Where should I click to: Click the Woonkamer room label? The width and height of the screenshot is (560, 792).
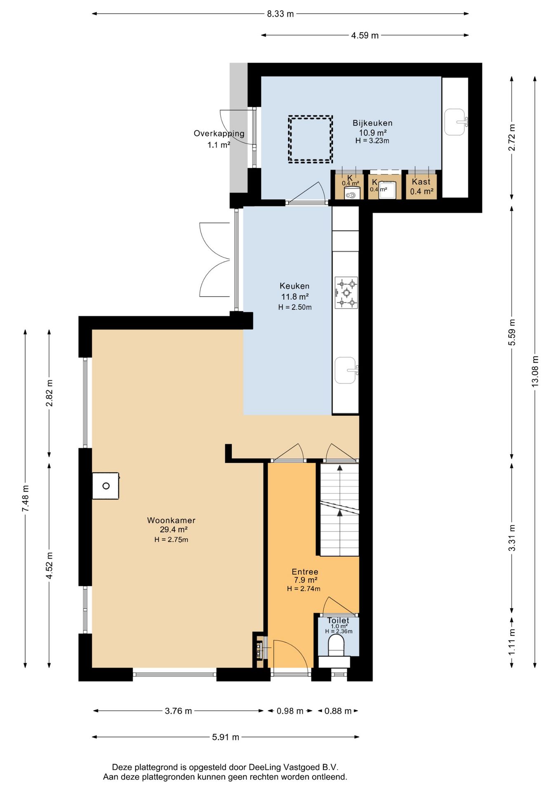(x=171, y=521)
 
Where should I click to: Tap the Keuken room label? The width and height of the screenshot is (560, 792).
(x=294, y=286)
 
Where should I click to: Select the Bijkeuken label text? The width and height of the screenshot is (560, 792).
(x=372, y=123)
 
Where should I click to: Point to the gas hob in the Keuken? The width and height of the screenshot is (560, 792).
(x=346, y=292)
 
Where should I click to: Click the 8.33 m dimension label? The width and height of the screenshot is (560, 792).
(x=280, y=14)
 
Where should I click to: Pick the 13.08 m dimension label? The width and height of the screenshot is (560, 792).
(x=535, y=371)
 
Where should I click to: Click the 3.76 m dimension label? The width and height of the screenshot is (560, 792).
(x=178, y=711)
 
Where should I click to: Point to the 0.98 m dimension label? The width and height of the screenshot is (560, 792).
(x=290, y=711)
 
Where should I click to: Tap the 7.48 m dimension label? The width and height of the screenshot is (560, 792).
(x=26, y=499)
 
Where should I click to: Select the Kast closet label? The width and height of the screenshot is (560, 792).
(x=421, y=181)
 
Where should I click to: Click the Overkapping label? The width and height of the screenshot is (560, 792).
(x=219, y=134)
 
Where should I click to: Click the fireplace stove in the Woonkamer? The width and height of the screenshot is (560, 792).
(x=106, y=486)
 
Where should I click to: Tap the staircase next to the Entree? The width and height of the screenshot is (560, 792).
(x=339, y=510)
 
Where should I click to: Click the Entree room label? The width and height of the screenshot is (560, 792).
(x=305, y=572)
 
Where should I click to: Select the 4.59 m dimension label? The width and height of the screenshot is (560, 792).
(x=365, y=35)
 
